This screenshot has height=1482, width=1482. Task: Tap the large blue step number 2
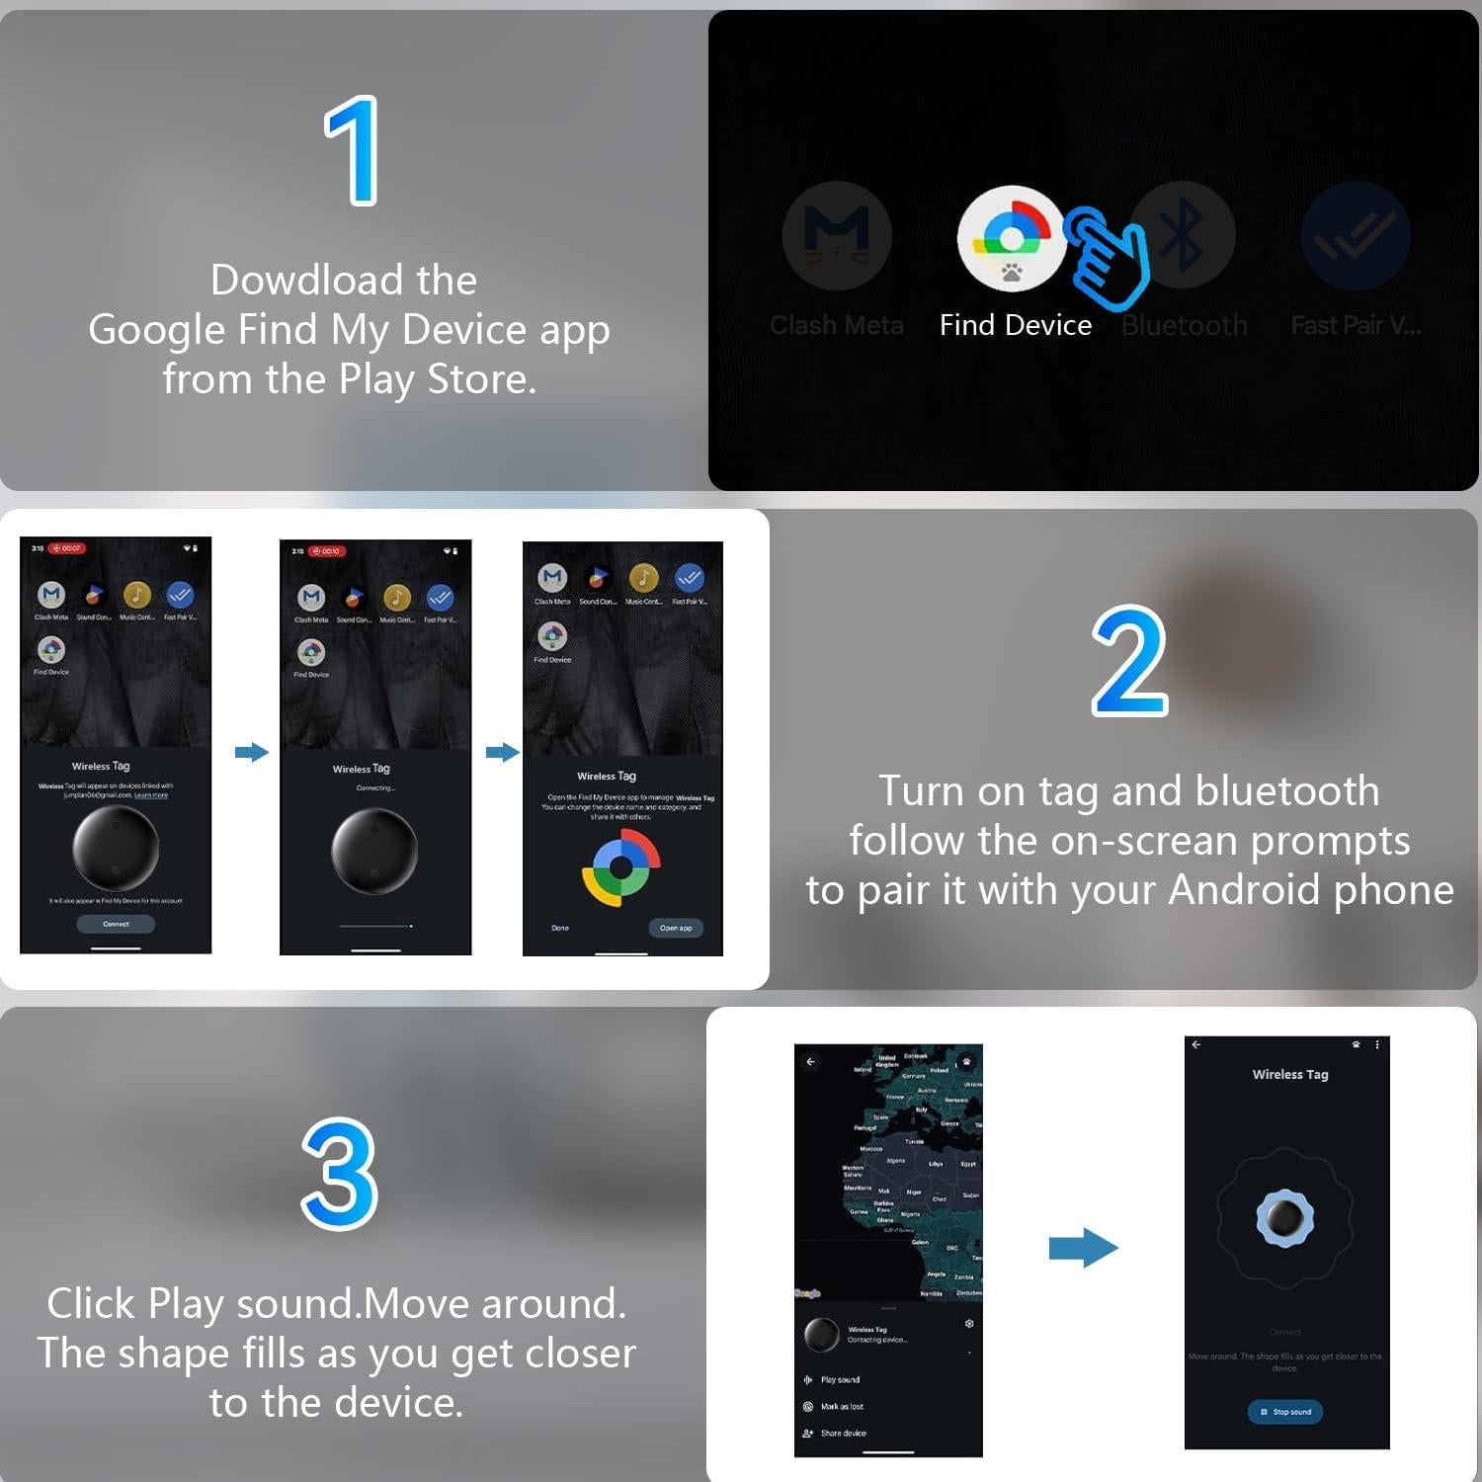tap(1129, 661)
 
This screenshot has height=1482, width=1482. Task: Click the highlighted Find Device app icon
tap(1011, 238)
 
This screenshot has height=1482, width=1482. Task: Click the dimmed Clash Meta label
tap(836, 325)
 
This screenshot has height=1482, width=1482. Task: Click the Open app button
tap(676, 928)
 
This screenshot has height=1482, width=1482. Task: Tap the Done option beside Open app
tap(560, 928)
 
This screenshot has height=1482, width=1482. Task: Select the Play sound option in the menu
tap(840, 1379)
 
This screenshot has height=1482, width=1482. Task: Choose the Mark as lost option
tap(842, 1406)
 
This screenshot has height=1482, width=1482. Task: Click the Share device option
tap(843, 1433)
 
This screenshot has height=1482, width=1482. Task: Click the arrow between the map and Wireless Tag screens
tap(1083, 1248)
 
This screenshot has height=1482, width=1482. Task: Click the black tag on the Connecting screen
tap(373, 851)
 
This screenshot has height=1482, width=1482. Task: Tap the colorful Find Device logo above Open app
tap(620, 867)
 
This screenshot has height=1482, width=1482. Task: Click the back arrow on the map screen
tap(810, 1062)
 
